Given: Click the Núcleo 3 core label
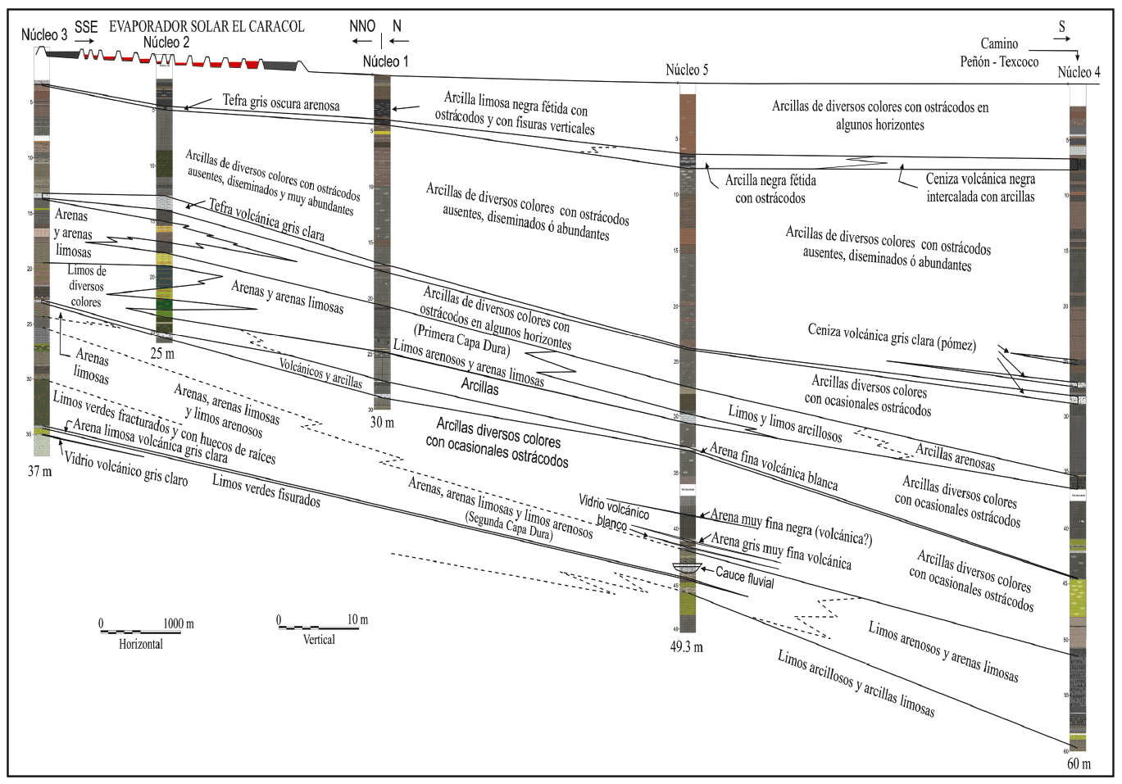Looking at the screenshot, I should point(44,35).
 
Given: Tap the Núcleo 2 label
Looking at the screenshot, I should point(166,43).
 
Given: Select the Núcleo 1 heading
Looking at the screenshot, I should point(385,61).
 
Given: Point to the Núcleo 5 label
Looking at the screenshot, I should point(687,70).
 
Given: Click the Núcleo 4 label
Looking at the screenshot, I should point(1079,72).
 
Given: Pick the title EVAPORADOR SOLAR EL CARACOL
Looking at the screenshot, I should point(207,26).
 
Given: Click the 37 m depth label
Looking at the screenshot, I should point(39,471).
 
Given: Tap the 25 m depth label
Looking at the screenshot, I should point(162,354).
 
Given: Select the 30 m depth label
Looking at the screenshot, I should point(382,423).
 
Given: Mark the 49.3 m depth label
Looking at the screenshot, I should point(686,647).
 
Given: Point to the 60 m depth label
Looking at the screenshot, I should point(1079,764).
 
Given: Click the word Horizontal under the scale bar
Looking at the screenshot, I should point(141,645).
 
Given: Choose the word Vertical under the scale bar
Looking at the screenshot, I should point(319,640).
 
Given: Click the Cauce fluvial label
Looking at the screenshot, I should point(744,577).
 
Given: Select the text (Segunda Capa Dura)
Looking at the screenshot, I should point(508,525).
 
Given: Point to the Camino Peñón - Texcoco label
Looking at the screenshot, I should point(999,52).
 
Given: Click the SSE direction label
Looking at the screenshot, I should point(86,27).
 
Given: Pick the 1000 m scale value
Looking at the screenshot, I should point(178,623).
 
